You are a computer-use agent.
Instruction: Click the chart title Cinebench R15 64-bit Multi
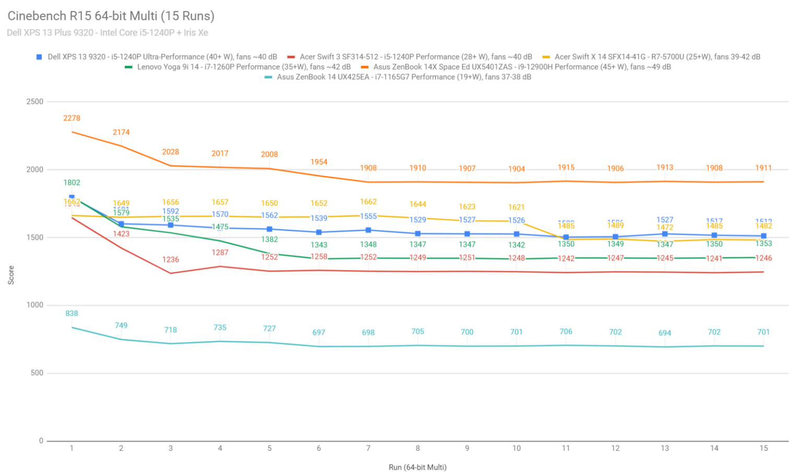click(x=111, y=16)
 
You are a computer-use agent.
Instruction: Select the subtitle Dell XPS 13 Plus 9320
click(x=107, y=32)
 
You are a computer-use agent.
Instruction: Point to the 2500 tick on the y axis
click(x=35, y=102)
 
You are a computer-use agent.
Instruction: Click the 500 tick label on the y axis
click(x=37, y=373)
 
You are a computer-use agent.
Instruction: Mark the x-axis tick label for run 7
click(x=368, y=448)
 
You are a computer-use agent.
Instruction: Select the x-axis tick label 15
click(x=763, y=448)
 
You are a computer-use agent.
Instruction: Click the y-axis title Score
click(x=11, y=275)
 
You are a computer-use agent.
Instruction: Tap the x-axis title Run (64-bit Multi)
click(x=417, y=467)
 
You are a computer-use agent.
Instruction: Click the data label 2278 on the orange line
click(x=72, y=118)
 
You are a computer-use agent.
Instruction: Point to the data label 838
click(x=72, y=314)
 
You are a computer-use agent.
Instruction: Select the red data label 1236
click(x=171, y=259)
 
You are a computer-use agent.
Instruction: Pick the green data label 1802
click(x=72, y=183)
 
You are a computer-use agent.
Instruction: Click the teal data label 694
click(x=665, y=333)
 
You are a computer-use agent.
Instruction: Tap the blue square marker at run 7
click(x=368, y=230)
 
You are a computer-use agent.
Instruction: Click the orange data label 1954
click(x=319, y=162)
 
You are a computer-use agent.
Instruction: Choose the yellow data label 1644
click(x=418, y=204)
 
